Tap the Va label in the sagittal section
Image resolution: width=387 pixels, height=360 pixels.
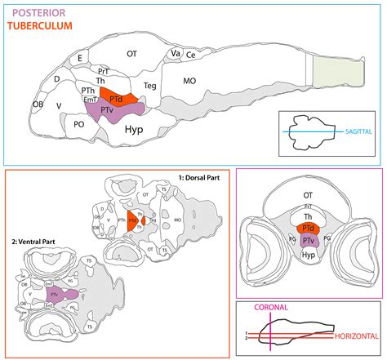tap(175, 53)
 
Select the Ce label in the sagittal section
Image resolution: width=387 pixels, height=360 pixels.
tap(190, 56)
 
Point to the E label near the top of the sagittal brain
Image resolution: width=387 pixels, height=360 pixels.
tap(80, 58)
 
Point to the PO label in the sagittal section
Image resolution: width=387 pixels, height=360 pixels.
tap(79, 125)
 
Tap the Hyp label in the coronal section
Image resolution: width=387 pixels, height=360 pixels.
tap(308, 255)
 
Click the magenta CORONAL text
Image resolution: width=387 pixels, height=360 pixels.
tap(270, 309)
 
